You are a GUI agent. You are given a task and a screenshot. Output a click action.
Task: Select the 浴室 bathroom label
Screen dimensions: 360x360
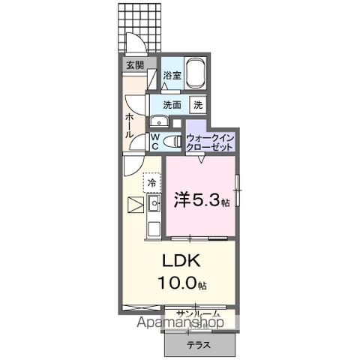[172, 76]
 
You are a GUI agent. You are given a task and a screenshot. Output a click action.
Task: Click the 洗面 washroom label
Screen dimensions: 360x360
[172, 105]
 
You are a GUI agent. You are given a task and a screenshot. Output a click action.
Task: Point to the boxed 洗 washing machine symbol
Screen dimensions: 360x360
[199, 105]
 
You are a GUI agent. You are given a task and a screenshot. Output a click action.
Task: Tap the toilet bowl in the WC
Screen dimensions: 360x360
[172, 141]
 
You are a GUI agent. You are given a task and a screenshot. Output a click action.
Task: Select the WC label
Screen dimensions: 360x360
[154, 141]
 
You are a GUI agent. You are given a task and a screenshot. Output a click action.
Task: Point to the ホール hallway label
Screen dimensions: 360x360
[130, 124]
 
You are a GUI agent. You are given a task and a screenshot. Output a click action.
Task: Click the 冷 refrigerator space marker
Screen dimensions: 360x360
[152, 182]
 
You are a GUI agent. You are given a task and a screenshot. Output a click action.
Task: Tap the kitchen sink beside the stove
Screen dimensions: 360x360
[155, 202]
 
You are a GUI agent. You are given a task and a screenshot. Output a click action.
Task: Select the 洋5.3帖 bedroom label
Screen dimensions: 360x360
[200, 201]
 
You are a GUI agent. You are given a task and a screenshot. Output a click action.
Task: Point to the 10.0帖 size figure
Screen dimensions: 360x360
[181, 283]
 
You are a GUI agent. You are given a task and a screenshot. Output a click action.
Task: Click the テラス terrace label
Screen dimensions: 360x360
[199, 345]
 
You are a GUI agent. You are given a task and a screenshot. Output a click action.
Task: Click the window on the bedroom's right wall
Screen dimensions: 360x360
[237, 191]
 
